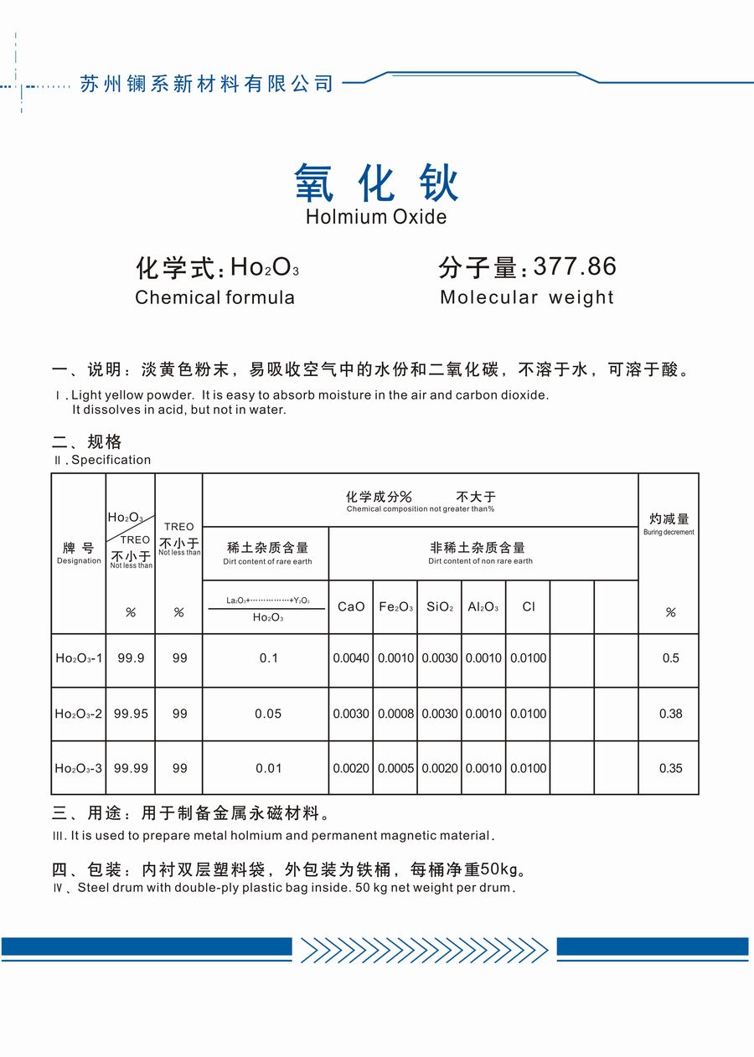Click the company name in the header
[x=206, y=84]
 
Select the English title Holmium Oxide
[x=376, y=217]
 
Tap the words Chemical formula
[x=214, y=297]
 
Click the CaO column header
[x=351, y=606]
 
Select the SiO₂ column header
[x=440, y=606]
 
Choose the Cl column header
[x=528, y=606]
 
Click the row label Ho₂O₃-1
[x=79, y=658]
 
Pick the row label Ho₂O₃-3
[x=79, y=768]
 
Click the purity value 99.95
[x=131, y=714]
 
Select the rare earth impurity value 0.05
[x=268, y=714]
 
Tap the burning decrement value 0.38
[x=670, y=714]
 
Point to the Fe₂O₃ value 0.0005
[x=395, y=768]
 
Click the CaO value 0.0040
[x=351, y=658]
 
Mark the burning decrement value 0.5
[x=670, y=658]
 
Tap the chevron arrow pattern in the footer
[x=424, y=950]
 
